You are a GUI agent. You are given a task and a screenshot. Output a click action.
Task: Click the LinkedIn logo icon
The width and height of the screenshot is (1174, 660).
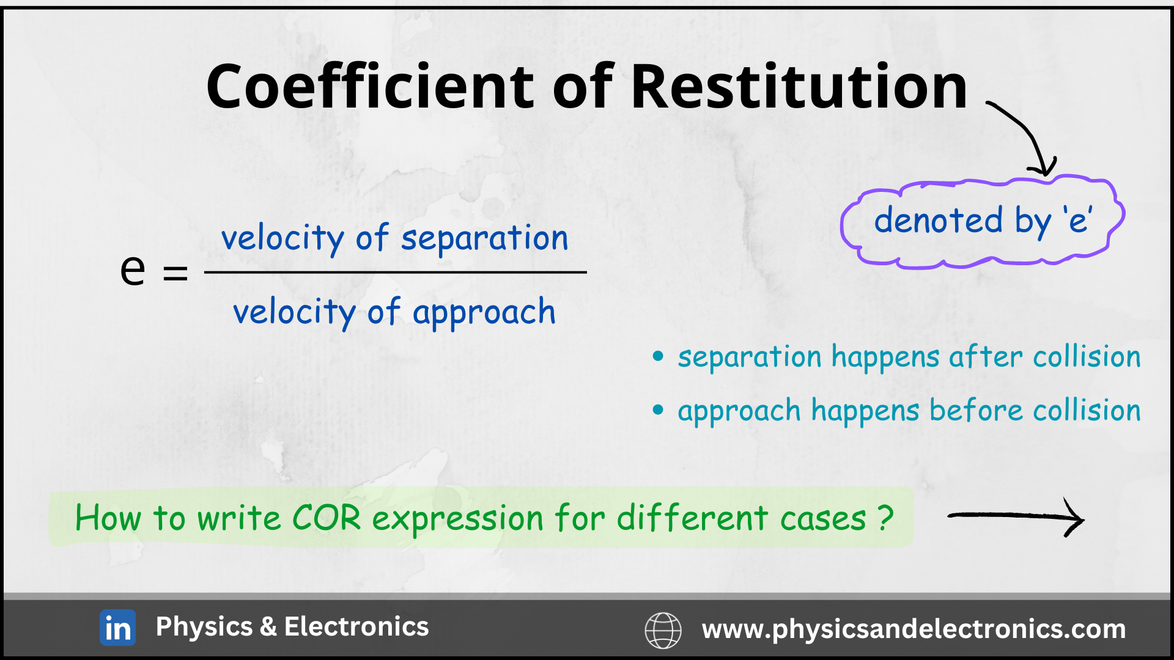117,628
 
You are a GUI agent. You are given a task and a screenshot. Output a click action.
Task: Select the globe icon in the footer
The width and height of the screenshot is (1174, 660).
663,630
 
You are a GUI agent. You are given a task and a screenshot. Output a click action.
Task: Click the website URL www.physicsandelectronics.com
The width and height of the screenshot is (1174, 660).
914,629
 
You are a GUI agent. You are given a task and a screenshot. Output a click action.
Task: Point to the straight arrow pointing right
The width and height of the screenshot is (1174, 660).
1016,517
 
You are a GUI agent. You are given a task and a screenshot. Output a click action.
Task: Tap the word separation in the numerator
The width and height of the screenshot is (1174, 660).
484,238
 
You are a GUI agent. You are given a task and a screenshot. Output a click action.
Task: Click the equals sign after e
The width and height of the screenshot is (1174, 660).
175,273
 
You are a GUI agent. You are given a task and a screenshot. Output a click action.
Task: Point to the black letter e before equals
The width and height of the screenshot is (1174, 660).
133,269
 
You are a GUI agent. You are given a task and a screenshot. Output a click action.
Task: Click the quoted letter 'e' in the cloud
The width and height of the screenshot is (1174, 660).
1077,221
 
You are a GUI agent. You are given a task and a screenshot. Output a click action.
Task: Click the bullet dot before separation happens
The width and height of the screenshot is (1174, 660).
658,356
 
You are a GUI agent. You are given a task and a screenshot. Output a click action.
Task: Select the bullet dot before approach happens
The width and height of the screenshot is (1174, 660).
658,409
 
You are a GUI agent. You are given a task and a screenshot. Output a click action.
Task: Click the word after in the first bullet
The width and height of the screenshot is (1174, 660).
985,356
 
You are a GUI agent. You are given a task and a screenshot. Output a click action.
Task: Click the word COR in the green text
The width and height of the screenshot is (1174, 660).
327,518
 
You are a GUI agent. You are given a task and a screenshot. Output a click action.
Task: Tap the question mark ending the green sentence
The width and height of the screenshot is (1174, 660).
885,518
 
